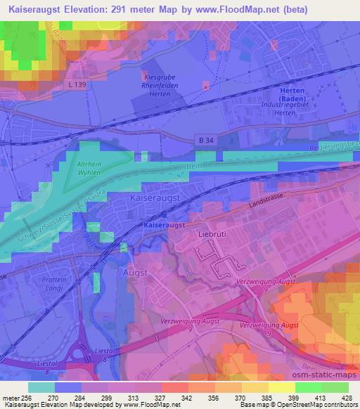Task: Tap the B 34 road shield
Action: pos(202,141)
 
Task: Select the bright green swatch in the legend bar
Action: pos(308,387)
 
